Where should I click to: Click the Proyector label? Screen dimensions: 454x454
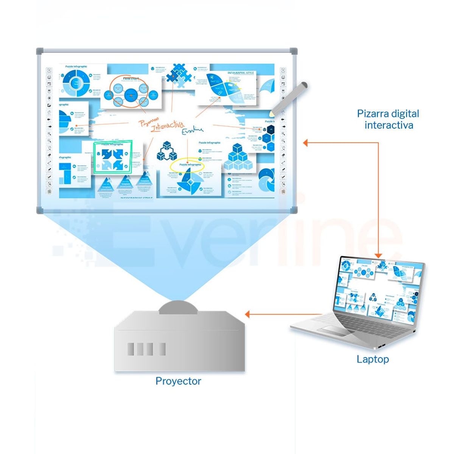pos(178,381)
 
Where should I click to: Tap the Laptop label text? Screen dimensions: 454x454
pos(373,359)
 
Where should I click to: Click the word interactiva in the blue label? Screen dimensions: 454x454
pos(389,125)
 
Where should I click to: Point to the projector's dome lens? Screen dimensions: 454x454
pos(178,307)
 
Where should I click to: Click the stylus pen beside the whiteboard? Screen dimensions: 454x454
pos(289,98)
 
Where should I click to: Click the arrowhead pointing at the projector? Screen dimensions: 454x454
pos(248,314)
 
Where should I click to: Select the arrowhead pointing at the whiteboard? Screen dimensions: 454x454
pos(306,143)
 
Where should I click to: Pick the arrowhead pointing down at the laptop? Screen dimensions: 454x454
pos(378,255)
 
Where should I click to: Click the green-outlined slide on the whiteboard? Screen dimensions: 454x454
pos(113,157)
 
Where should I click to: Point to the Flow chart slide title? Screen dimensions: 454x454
pos(131,79)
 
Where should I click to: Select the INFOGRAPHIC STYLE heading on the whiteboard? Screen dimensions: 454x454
pos(241,73)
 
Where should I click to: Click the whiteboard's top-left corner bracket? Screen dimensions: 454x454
pos(40,51)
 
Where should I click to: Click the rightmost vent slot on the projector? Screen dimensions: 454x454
pos(162,349)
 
